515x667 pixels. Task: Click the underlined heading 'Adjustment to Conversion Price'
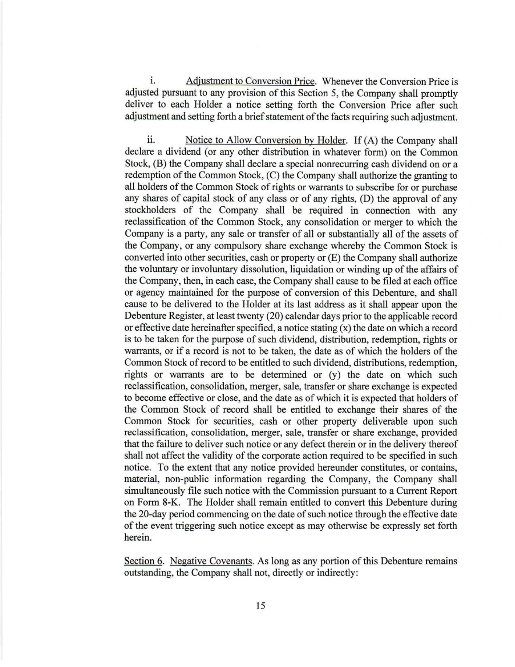click(250, 81)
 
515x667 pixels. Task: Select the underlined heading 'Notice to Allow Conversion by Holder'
click(266, 140)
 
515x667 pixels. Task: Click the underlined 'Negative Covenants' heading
click(212, 561)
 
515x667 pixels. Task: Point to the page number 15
click(260, 606)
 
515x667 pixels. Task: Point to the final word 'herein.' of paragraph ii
click(138, 538)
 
